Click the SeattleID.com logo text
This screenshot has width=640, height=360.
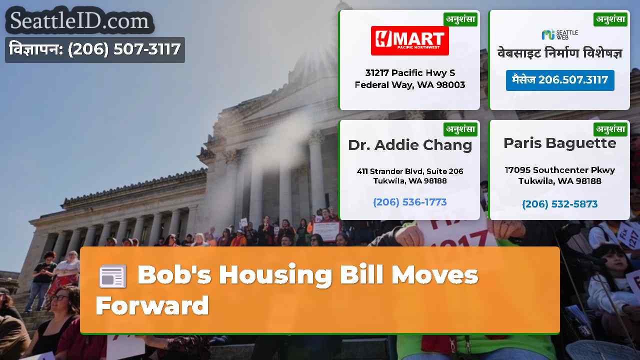(x=79, y=20)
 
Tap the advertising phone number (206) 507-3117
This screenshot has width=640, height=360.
(x=124, y=49)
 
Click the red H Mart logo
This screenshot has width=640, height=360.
(x=409, y=40)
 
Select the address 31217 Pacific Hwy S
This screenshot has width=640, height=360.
(x=410, y=73)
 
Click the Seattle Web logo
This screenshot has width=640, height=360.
(x=559, y=34)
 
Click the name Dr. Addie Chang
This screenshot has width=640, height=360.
(x=410, y=145)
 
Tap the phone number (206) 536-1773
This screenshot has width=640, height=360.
(x=409, y=202)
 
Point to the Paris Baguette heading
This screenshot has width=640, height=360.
(x=559, y=143)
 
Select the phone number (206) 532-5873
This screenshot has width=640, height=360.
(x=559, y=204)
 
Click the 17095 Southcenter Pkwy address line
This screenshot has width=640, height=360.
(x=559, y=170)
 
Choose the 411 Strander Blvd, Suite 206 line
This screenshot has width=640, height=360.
(x=409, y=171)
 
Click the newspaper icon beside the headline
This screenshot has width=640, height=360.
(x=112, y=276)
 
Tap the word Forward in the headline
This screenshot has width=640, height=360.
(x=152, y=305)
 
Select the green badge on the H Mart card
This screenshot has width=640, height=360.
(x=460, y=19)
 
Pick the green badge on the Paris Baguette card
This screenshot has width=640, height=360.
(x=610, y=129)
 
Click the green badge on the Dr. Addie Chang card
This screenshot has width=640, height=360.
(x=460, y=129)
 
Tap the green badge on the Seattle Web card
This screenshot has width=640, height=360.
(x=610, y=19)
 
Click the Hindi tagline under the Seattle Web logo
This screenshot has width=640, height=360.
(x=559, y=53)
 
